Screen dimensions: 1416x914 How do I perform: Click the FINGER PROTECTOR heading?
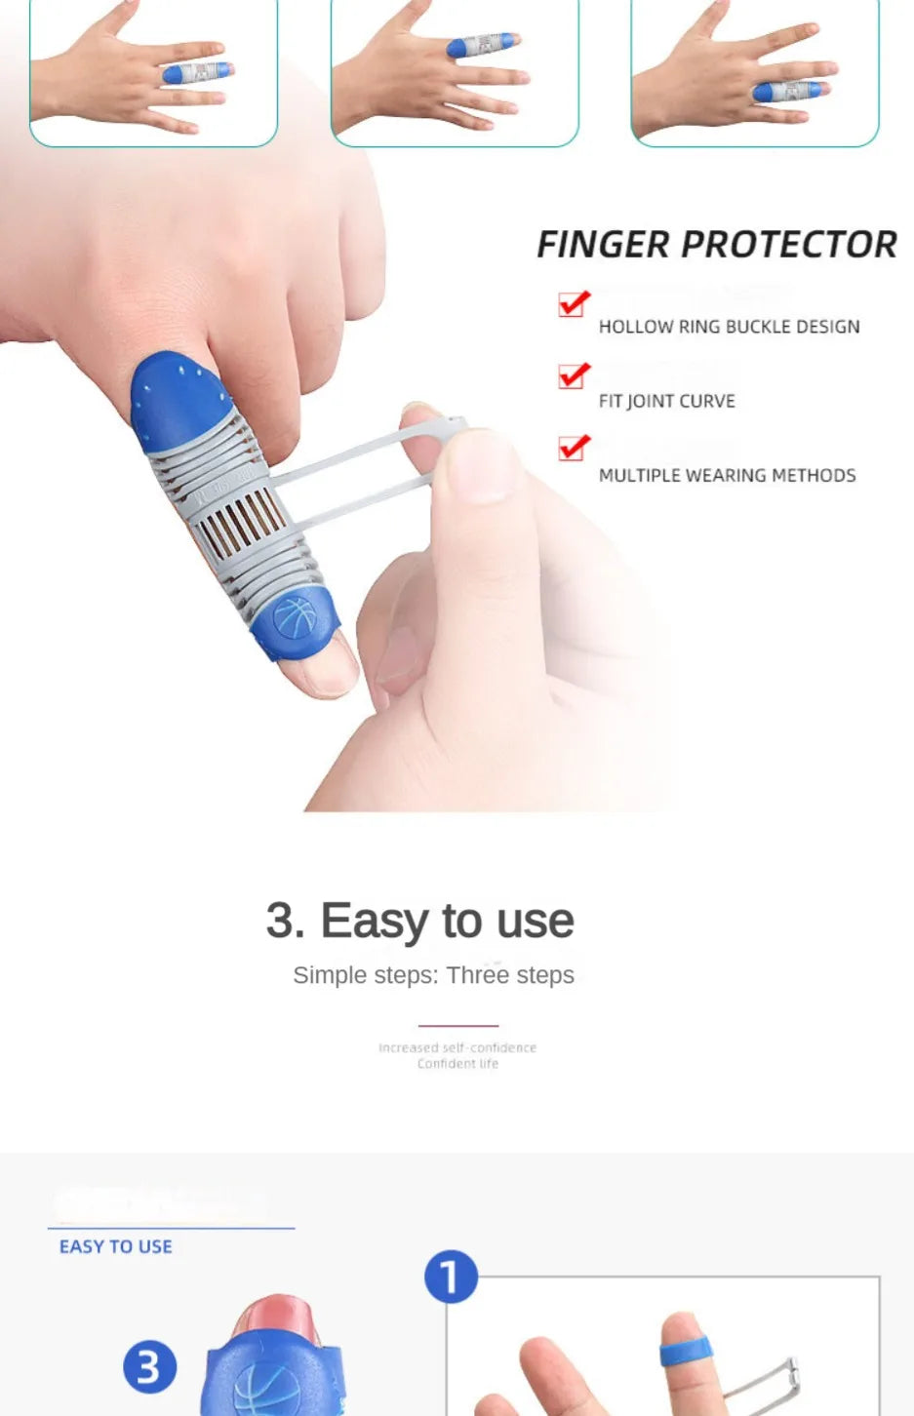(x=716, y=245)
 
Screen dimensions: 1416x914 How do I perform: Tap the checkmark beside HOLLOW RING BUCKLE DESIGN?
(x=574, y=303)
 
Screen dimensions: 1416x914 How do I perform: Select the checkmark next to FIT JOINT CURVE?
(x=574, y=375)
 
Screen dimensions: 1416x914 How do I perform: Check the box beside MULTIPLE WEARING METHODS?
(x=574, y=448)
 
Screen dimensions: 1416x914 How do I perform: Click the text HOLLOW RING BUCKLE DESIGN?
(x=729, y=327)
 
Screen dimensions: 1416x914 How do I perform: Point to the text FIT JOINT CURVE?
(x=666, y=401)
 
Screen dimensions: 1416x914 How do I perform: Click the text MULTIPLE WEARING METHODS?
(x=727, y=476)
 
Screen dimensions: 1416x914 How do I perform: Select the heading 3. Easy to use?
(x=419, y=921)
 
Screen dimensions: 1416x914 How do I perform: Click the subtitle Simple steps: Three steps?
(x=433, y=975)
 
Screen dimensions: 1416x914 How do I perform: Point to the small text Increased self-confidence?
(x=457, y=1047)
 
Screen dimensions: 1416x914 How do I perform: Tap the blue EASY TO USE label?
(x=115, y=1246)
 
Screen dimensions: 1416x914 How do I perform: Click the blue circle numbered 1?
(x=451, y=1278)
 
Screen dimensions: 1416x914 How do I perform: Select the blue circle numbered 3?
(x=149, y=1366)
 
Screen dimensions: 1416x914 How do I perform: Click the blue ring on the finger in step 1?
(x=687, y=1354)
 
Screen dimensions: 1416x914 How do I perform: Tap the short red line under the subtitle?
(x=457, y=1026)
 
